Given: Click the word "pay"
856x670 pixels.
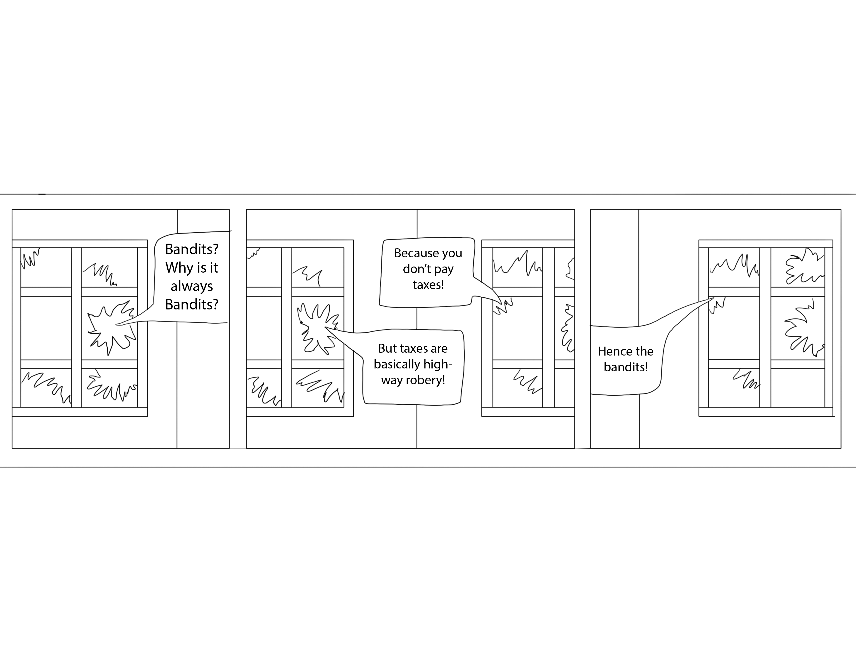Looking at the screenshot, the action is (x=444, y=270).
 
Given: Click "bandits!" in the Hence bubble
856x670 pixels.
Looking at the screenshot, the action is (x=625, y=367).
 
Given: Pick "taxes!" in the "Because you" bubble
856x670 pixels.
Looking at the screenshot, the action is (x=428, y=284).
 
